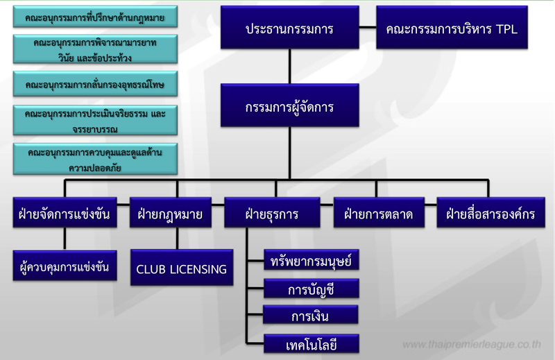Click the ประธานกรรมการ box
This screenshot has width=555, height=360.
(289, 28)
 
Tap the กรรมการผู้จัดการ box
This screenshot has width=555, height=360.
(289, 108)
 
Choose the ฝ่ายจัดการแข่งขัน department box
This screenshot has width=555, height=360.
(65, 214)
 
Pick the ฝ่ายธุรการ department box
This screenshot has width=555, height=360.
(271, 214)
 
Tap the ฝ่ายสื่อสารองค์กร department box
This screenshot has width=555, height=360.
(490, 214)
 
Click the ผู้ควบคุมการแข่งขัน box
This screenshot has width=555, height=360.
(65, 266)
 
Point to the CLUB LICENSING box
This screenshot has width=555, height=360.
(181, 268)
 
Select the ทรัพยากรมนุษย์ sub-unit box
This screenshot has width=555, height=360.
(311, 261)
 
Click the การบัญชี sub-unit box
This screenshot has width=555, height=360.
(311, 289)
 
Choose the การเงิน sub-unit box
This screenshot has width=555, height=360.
(311, 316)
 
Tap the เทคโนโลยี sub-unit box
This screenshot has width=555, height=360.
(311, 344)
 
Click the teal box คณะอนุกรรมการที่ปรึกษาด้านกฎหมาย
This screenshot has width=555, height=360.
(94, 16)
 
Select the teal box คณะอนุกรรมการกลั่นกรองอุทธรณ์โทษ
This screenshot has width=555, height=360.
(94, 85)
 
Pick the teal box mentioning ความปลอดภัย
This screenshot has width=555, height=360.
(94, 159)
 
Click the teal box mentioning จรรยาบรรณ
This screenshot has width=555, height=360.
(94, 121)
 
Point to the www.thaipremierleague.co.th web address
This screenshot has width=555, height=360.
(472, 344)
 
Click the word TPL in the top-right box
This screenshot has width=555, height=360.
(503, 29)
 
